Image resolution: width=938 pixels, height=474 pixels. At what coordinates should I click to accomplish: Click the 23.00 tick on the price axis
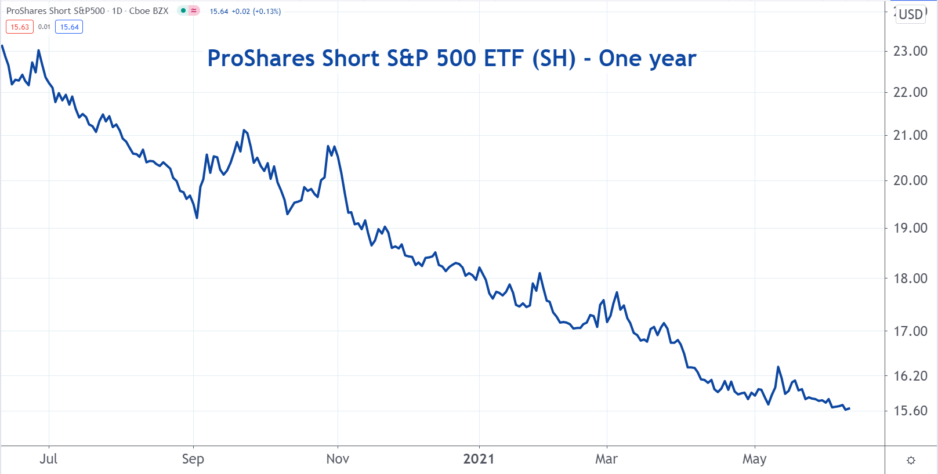click(x=910, y=51)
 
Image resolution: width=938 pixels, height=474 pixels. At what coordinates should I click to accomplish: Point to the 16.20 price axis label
click(x=910, y=376)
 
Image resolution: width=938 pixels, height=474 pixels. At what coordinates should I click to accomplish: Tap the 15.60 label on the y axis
click(x=910, y=411)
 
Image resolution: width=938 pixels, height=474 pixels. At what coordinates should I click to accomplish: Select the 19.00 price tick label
click(x=910, y=228)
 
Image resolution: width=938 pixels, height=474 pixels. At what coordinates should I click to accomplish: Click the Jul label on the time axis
click(x=49, y=459)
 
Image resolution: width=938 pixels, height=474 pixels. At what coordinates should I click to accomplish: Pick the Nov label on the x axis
click(x=338, y=459)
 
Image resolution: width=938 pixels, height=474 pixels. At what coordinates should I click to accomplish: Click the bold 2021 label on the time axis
click(x=479, y=459)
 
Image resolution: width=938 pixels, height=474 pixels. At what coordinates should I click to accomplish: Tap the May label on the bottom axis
click(x=754, y=459)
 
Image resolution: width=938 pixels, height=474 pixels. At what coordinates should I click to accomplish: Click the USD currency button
click(x=911, y=15)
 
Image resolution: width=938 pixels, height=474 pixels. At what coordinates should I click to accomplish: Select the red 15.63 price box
click(x=20, y=27)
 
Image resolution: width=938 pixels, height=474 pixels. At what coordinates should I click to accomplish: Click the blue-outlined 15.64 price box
click(x=69, y=27)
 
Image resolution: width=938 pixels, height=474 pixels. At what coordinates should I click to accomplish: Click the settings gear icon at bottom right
click(x=911, y=460)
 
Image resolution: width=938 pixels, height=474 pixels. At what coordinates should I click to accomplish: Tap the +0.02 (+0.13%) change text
click(x=256, y=11)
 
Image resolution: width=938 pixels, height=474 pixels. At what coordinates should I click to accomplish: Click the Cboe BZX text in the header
click(x=149, y=11)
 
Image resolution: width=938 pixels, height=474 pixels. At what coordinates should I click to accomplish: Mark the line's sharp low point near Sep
click(x=197, y=218)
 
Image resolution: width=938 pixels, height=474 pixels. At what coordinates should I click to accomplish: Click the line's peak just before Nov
click(x=328, y=146)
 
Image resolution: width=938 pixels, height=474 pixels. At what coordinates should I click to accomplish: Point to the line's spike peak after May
click(x=778, y=367)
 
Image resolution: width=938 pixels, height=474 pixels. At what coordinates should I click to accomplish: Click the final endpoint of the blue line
click(x=849, y=408)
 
